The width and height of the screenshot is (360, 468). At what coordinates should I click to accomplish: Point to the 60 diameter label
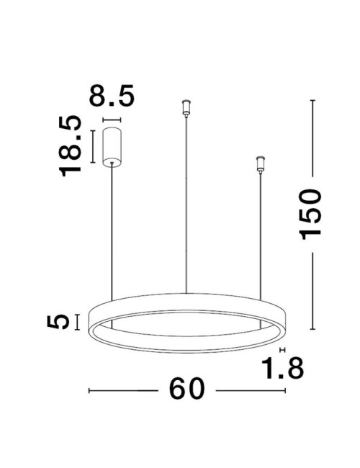coord(187,390)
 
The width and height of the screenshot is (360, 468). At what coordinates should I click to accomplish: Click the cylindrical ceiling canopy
coord(112,145)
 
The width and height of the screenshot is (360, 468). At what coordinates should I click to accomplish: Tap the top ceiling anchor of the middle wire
coord(187,109)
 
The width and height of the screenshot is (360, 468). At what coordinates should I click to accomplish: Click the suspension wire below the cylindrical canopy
coord(112,230)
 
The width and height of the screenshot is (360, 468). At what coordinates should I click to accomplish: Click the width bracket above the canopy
coord(112,120)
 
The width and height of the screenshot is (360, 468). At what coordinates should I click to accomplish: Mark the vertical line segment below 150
coord(312,294)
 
